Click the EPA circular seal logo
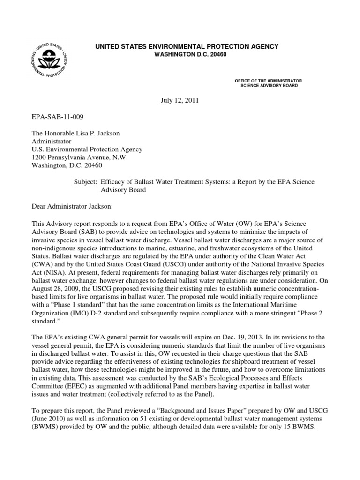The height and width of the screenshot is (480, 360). pos(52,60)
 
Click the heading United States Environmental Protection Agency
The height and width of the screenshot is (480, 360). pos(187,46)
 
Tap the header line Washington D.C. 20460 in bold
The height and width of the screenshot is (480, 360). pos(187,55)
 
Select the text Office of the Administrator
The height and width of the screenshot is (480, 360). pos(268,81)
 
